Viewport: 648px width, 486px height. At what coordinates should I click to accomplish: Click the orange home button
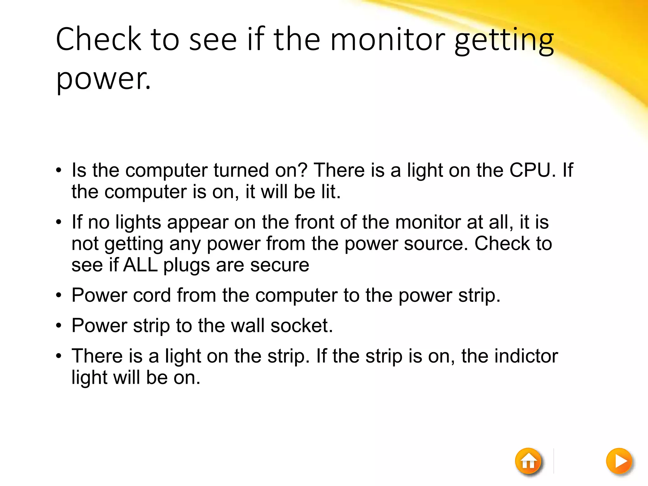coord(528,461)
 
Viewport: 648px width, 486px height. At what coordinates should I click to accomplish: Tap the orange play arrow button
coord(619,461)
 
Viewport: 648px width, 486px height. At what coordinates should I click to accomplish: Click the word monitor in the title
coord(388,39)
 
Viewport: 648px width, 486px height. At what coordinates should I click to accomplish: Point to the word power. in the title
coord(103,79)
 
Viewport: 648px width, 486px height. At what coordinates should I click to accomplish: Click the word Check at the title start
coord(98,39)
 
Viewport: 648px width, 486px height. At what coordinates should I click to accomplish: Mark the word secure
coord(279,265)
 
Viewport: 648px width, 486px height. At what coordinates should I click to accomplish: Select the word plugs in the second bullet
coord(186,265)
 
